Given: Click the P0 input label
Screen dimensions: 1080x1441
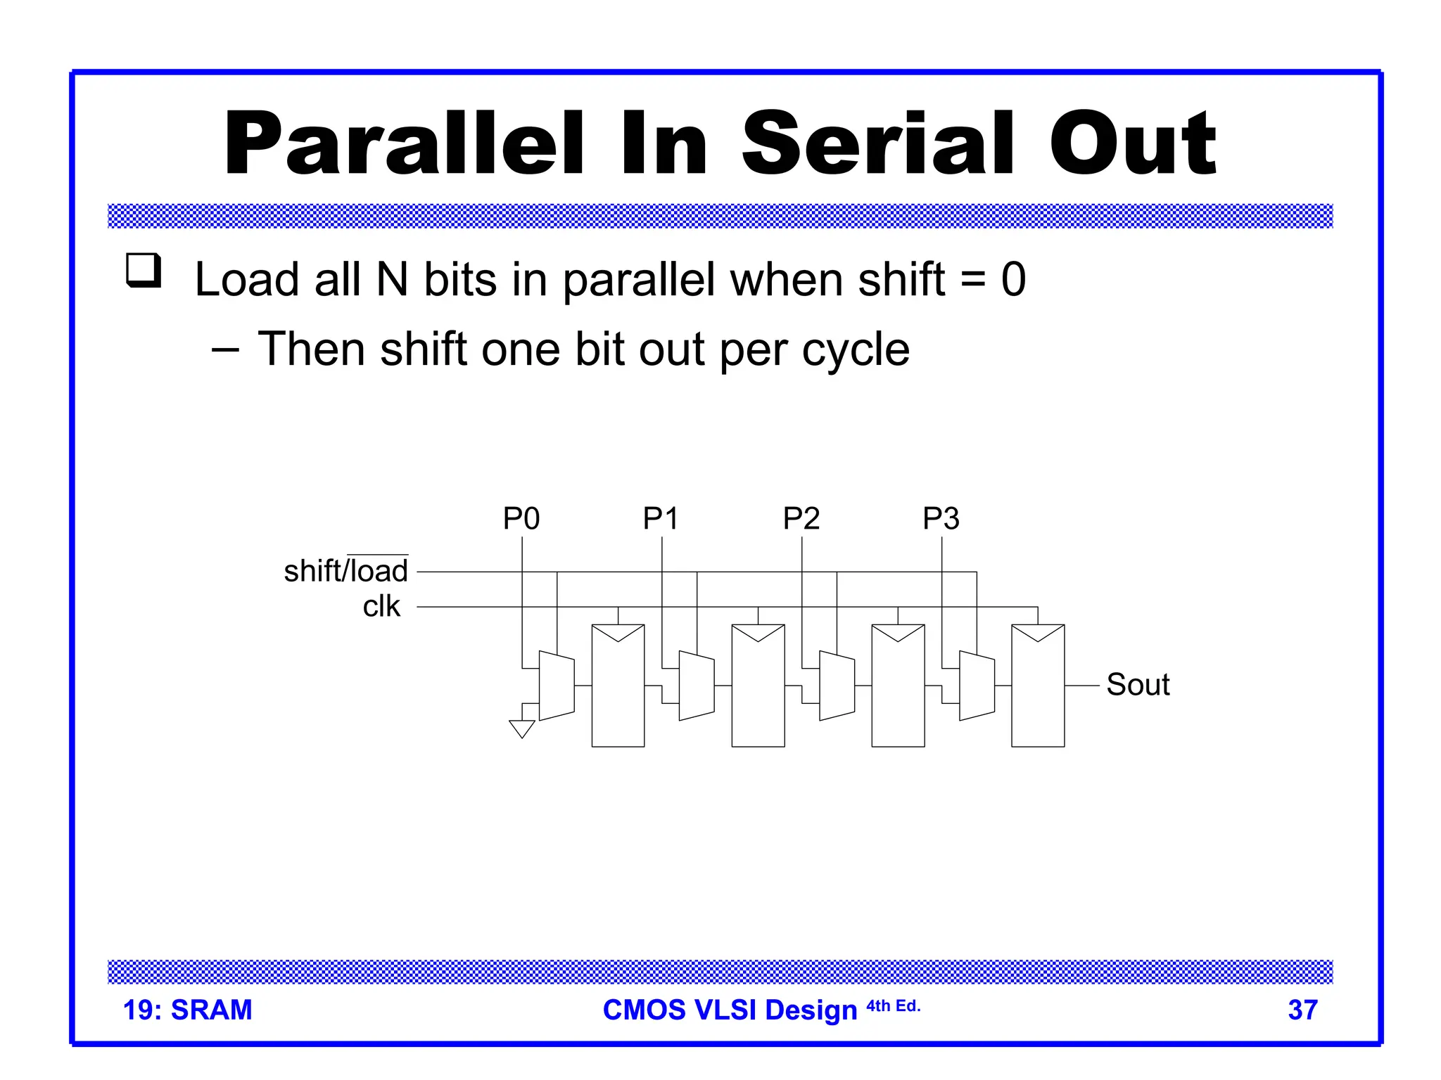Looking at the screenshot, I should pyautogui.click(x=521, y=519).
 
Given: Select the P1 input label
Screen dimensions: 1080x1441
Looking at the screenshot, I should pyautogui.click(x=661, y=519).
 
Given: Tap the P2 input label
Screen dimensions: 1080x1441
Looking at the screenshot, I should pyautogui.click(x=801, y=519).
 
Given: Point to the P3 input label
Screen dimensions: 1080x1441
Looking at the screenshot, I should pyautogui.click(x=941, y=519).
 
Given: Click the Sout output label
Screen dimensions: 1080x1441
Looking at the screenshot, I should pyautogui.click(x=1138, y=685).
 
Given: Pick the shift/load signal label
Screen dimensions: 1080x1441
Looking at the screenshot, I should pyautogui.click(x=345, y=571).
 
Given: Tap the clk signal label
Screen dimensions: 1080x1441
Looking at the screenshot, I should pyautogui.click(x=381, y=606).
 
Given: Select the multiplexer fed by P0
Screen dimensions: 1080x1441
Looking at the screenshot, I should pyautogui.click(x=557, y=686).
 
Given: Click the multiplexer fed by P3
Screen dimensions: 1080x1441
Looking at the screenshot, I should pyautogui.click(x=977, y=686).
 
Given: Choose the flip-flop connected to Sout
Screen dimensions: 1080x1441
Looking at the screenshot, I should pyautogui.click(x=1038, y=686).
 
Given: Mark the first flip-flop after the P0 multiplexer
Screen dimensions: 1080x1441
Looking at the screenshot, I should pyautogui.click(x=618, y=686).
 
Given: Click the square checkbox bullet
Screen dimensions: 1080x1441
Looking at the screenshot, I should pyautogui.click(x=144, y=270).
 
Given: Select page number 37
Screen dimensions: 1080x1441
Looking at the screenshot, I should pyautogui.click(x=1302, y=1010).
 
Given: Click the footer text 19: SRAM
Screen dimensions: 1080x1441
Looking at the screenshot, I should pyautogui.click(x=187, y=1010).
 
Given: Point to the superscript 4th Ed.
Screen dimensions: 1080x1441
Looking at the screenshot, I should pyautogui.click(x=893, y=1006).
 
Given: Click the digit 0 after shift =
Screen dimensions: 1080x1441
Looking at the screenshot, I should pyautogui.click(x=1013, y=279).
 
